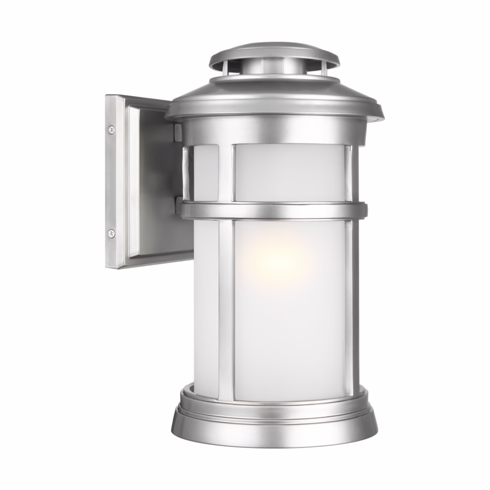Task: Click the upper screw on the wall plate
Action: click(x=111, y=129)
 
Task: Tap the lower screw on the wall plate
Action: click(x=111, y=233)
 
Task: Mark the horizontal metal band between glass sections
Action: click(x=273, y=211)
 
